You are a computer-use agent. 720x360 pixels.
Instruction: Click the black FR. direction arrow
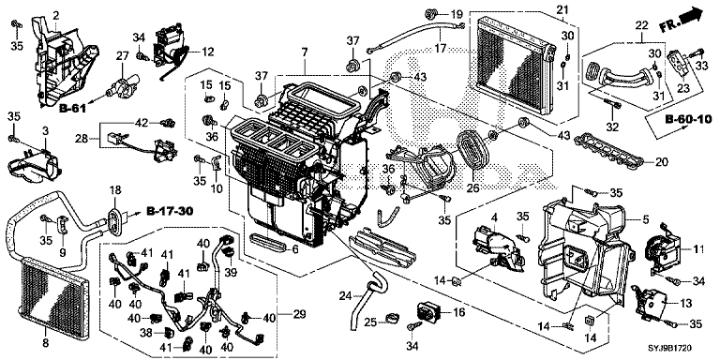[x=693, y=17]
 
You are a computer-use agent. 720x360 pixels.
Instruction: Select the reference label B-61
[x=72, y=109]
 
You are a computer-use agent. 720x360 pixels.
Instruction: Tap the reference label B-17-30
[x=170, y=211]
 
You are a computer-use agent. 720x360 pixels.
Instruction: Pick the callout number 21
[x=562, y=9]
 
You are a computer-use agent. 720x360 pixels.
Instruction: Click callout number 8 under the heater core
[x=45, y=342]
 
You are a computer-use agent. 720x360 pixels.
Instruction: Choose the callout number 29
[x=299, y=315]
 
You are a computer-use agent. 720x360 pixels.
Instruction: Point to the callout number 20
[x=662, y=161]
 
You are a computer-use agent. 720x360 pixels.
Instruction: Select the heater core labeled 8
[x=52, y=291]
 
